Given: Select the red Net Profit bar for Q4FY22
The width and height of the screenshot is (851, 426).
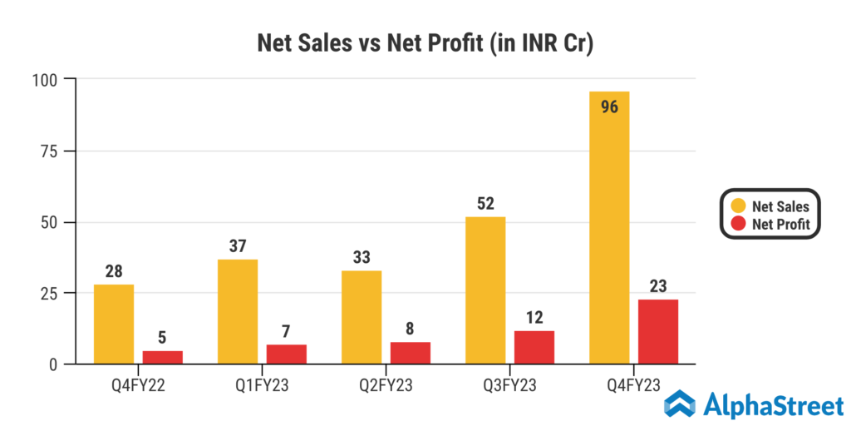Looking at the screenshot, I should point(163,357).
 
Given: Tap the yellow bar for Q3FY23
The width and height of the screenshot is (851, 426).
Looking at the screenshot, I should point(485,290).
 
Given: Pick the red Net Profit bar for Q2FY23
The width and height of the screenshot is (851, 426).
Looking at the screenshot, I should point(411,353).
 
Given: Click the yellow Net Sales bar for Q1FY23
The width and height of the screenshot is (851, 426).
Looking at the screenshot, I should point(238,312).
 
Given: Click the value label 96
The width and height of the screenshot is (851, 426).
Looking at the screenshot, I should point(608,106).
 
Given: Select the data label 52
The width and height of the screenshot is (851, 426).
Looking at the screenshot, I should point(485,202).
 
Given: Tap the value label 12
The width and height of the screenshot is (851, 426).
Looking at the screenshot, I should point(534,317).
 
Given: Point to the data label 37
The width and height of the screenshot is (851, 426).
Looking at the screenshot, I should point(238,245).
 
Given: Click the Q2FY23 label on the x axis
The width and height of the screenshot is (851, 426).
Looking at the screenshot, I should point(386,385).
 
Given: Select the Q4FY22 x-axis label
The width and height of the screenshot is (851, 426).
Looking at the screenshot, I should point(138,385).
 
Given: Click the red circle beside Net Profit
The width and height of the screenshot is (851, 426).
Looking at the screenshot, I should point(738,224).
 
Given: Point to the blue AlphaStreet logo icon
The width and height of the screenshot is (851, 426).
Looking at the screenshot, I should point(680,404).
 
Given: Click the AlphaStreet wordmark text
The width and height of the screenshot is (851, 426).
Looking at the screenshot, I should point(774,406).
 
